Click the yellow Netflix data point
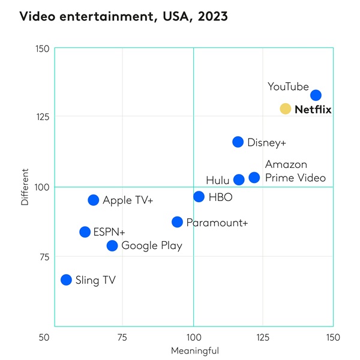285,109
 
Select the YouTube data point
316,95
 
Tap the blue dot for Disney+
238,142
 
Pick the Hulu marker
239,179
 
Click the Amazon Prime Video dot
254,178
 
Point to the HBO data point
199,197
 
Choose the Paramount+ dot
177,222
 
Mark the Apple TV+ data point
93,200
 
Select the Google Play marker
112,245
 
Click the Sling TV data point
66,280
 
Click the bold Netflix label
313,110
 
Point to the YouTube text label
288,87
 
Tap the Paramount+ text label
217,223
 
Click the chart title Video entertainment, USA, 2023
124,16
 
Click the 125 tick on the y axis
41,116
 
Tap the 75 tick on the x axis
122,337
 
